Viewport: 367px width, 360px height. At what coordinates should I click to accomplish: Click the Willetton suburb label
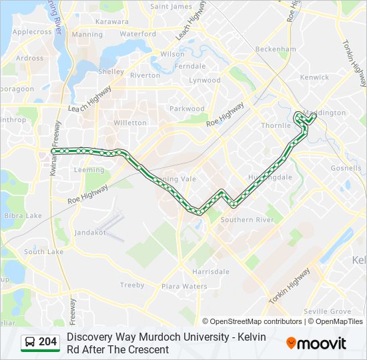coord(130,123)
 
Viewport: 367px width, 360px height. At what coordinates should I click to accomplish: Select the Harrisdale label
coord(211,272)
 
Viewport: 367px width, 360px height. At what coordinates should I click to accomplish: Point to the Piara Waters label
coord(184,286)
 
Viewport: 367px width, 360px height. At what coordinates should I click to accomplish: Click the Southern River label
coord(247,220)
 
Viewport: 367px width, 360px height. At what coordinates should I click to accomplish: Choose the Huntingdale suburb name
coord(270,177)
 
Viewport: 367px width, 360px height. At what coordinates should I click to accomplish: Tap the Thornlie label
coord(276,125)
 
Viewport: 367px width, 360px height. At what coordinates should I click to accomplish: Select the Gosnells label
coord(346,169)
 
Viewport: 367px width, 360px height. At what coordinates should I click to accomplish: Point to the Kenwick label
coord(314,77)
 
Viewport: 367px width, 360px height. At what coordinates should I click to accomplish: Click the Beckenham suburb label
coord(276,49)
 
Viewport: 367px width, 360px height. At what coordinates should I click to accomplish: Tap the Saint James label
coord(171,7)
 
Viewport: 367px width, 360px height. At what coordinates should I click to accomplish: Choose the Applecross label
coord(32,31)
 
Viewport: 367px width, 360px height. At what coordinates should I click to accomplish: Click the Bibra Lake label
coord(23,216)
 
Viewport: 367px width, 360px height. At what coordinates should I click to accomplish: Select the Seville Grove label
coord(327,311)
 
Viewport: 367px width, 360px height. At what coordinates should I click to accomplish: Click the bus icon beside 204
coord(30,342)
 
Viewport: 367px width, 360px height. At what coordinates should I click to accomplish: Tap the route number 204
coord(48,342)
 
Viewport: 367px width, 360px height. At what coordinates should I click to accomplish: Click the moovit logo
coord(316,343)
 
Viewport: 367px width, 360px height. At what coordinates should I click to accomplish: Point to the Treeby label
coord(132,285)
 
